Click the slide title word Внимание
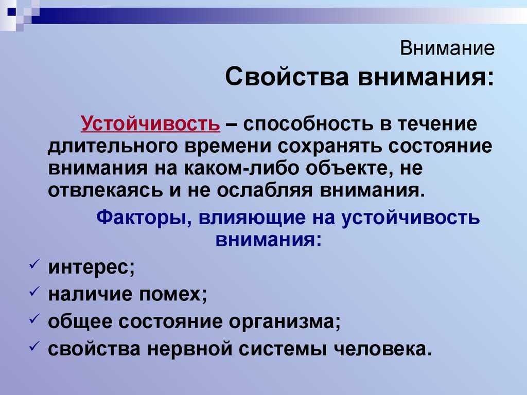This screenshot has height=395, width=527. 447,48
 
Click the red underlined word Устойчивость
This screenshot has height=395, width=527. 151,123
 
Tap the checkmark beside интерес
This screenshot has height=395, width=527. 34,264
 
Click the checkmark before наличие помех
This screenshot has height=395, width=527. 34,291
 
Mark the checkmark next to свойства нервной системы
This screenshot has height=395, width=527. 34,345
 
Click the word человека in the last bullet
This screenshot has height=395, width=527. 382,349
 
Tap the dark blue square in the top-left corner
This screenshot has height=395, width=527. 11,12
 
